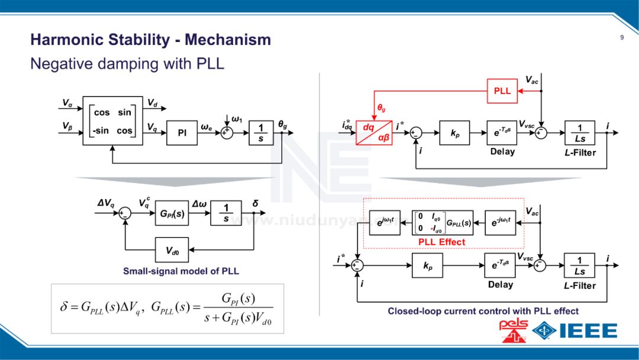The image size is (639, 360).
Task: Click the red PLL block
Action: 502,91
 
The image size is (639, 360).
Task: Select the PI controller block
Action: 182,133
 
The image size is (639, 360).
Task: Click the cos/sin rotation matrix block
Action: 113,121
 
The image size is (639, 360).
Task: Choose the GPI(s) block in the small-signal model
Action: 172,213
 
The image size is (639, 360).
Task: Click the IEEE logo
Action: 576,330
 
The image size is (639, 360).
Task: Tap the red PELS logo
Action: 514,330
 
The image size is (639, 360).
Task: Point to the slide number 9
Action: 622,38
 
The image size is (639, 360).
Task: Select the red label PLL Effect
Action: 441,242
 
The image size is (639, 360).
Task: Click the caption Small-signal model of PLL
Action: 181,271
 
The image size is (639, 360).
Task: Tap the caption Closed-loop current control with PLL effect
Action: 483,311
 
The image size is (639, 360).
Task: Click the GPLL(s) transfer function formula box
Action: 167,308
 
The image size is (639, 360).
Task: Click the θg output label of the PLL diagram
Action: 283,124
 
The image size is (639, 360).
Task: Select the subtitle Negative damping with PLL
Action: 127,63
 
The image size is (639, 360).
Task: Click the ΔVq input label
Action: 106,204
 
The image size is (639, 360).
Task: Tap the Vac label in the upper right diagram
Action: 531,79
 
